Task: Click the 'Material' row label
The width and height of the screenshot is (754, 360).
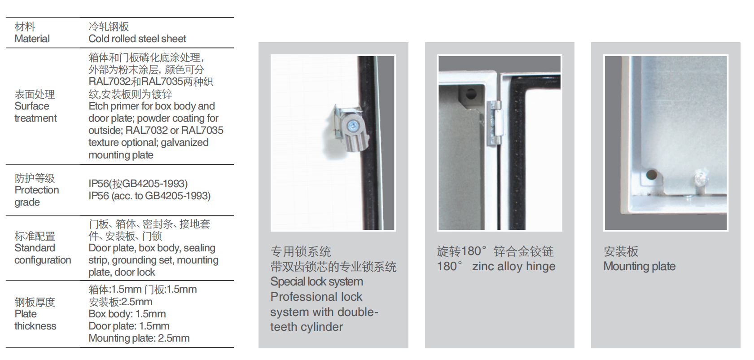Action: (32, 39)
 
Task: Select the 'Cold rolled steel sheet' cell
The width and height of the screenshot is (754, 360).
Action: (137, 39)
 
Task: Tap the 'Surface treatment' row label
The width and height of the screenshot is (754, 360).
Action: (35, 112)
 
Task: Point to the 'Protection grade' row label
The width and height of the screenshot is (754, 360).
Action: (37, 196)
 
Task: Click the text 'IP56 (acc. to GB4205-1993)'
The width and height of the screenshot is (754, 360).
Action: (149, 196)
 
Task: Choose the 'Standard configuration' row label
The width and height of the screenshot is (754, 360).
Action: (43, 254)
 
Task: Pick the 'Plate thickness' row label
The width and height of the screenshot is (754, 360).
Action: (35, 320)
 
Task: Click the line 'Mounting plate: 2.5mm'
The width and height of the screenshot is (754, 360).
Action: (139, 338)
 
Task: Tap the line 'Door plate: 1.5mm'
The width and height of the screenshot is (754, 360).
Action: (129, 326)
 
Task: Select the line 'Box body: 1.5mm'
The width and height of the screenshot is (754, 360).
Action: (127, 314)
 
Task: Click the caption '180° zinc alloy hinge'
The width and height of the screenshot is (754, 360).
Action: (496, 266)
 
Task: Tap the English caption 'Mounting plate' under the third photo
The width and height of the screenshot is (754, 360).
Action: (639, 266)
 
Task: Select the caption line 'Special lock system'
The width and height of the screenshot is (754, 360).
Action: (317, 281)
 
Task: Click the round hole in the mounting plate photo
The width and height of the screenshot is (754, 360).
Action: (652, 175)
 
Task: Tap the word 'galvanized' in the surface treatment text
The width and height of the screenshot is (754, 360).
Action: (184, 143)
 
